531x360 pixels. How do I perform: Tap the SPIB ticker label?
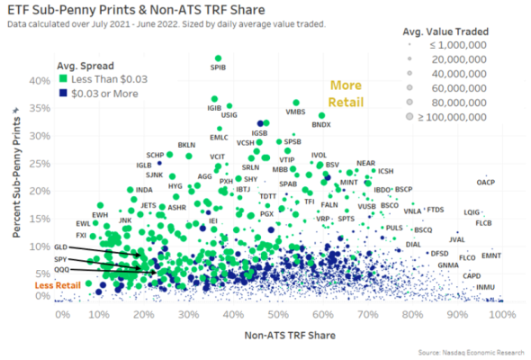(218, 66)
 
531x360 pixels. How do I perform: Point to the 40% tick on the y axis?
(39, 80)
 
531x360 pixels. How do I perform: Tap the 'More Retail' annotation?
(345, 92)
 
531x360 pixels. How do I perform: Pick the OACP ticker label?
(486, 182)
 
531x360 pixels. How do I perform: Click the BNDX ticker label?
(321, 124)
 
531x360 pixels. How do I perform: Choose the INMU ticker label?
(485, 287)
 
